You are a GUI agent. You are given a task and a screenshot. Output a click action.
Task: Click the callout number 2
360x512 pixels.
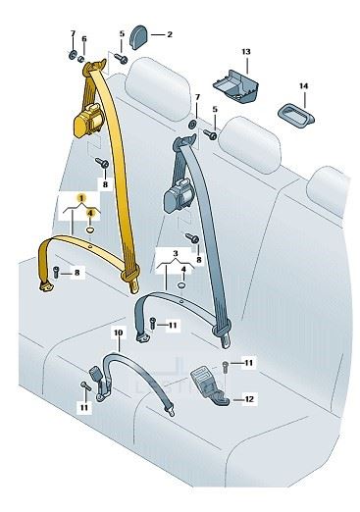(x=170, y=34)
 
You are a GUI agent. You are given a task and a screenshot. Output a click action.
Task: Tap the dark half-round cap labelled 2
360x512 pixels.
(x=138, y=37)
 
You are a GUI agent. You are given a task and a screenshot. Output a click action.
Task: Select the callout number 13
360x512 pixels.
(x=246, y=52)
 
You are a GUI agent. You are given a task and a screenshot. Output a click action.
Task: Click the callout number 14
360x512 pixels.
(x=303, y=86)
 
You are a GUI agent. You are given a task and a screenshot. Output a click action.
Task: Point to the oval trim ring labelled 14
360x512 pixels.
(x=296, y=115)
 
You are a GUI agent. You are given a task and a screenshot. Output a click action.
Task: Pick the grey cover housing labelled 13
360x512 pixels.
(x=235, y=85)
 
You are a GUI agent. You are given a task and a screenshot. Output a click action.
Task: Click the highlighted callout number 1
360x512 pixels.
(x=81, y=198)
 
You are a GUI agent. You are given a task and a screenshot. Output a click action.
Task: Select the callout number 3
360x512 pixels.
(x=176, y=253)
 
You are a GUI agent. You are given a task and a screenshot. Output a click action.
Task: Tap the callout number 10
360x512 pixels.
(x=119, y=333)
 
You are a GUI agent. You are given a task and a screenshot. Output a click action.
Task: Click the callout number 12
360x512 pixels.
(x=249, y=399)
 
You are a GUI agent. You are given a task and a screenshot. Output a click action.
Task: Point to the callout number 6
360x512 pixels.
(x=84, y=39)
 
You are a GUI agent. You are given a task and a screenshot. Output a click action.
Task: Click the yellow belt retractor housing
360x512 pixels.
(x=88, y=121)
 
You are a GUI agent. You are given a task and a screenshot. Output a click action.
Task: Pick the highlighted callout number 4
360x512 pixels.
(x=90, y=213)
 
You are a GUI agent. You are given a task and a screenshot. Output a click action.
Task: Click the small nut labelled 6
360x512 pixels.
(x=81, y=59)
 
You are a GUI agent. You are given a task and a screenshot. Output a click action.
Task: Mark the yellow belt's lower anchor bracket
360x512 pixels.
(x=46, y=286)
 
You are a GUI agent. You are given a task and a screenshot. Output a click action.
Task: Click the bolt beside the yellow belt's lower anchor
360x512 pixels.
(x=56, y=272)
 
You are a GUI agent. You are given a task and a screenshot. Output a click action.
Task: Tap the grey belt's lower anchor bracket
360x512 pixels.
(x=142, y=337)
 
